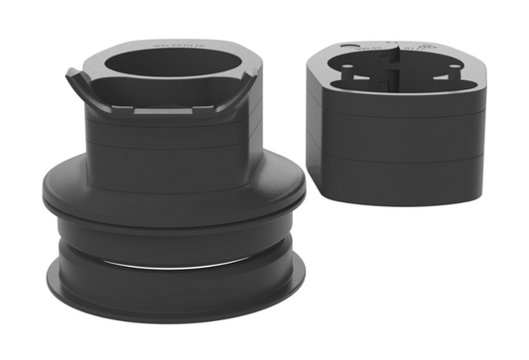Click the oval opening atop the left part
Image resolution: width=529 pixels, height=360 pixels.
point(174,67)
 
